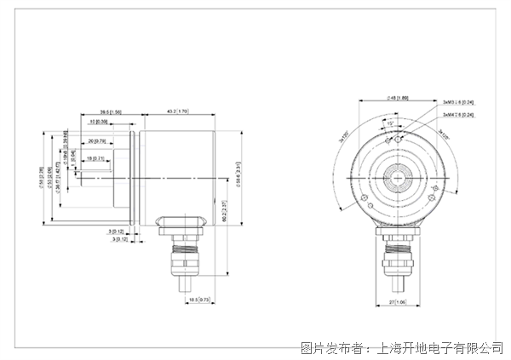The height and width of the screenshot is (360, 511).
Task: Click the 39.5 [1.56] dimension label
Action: [111, 111]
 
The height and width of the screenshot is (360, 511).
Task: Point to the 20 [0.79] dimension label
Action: [95, 140]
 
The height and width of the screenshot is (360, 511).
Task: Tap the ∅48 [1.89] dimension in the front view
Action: [398, 99]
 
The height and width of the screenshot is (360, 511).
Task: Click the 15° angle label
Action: [389, 123]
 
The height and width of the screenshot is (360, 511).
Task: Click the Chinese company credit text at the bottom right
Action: [402, 347]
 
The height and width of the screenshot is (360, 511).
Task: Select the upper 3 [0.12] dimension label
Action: [116, 231]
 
